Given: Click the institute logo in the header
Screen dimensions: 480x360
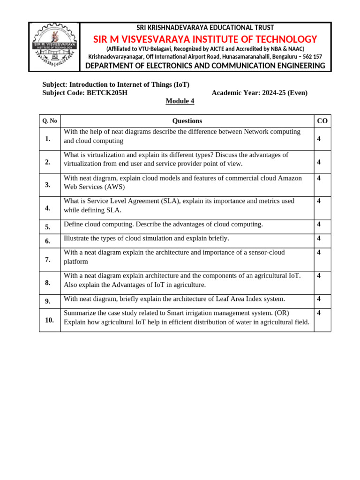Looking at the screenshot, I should pyautogui.click(x=54, y=47).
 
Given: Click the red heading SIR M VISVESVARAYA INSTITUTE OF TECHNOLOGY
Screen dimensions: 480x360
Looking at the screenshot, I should pyautogui.click(x=205, y=39).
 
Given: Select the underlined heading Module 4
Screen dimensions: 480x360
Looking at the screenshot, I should pyautogui.click(x=180, y=101).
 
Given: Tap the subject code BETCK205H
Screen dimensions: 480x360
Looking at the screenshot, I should pyautogui.click(x=107, y=93).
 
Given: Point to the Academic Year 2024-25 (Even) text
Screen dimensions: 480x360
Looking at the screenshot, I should pyautogui.click(x=260, y=93).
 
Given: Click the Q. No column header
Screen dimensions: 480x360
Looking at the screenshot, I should pyautogui.click(x=50, y=121).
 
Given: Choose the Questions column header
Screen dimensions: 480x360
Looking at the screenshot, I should pyautogui.click(x=187, y=121).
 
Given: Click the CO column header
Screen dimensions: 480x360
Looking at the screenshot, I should pyautogui.click(x=322, y=121).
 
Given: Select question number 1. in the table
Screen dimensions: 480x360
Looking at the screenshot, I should pyautogui.click(x=48, y=139).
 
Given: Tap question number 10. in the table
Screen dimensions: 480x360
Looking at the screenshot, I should pyautogui.click(x=49, y=320).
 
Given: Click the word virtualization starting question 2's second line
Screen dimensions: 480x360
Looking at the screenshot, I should pyautogui.click(x=83, y=164).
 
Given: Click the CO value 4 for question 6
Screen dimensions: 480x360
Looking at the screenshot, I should pyautogui.click(x=319, y=239).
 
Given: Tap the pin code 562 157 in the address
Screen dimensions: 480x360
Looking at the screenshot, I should pyautogui.click(x=310, y=56).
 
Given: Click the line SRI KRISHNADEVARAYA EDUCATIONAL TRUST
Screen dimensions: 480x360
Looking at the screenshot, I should pyautogui.click(x=205, y=28).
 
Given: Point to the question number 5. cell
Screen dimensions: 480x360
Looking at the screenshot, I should pyautogui.click(x=48, y=227).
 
